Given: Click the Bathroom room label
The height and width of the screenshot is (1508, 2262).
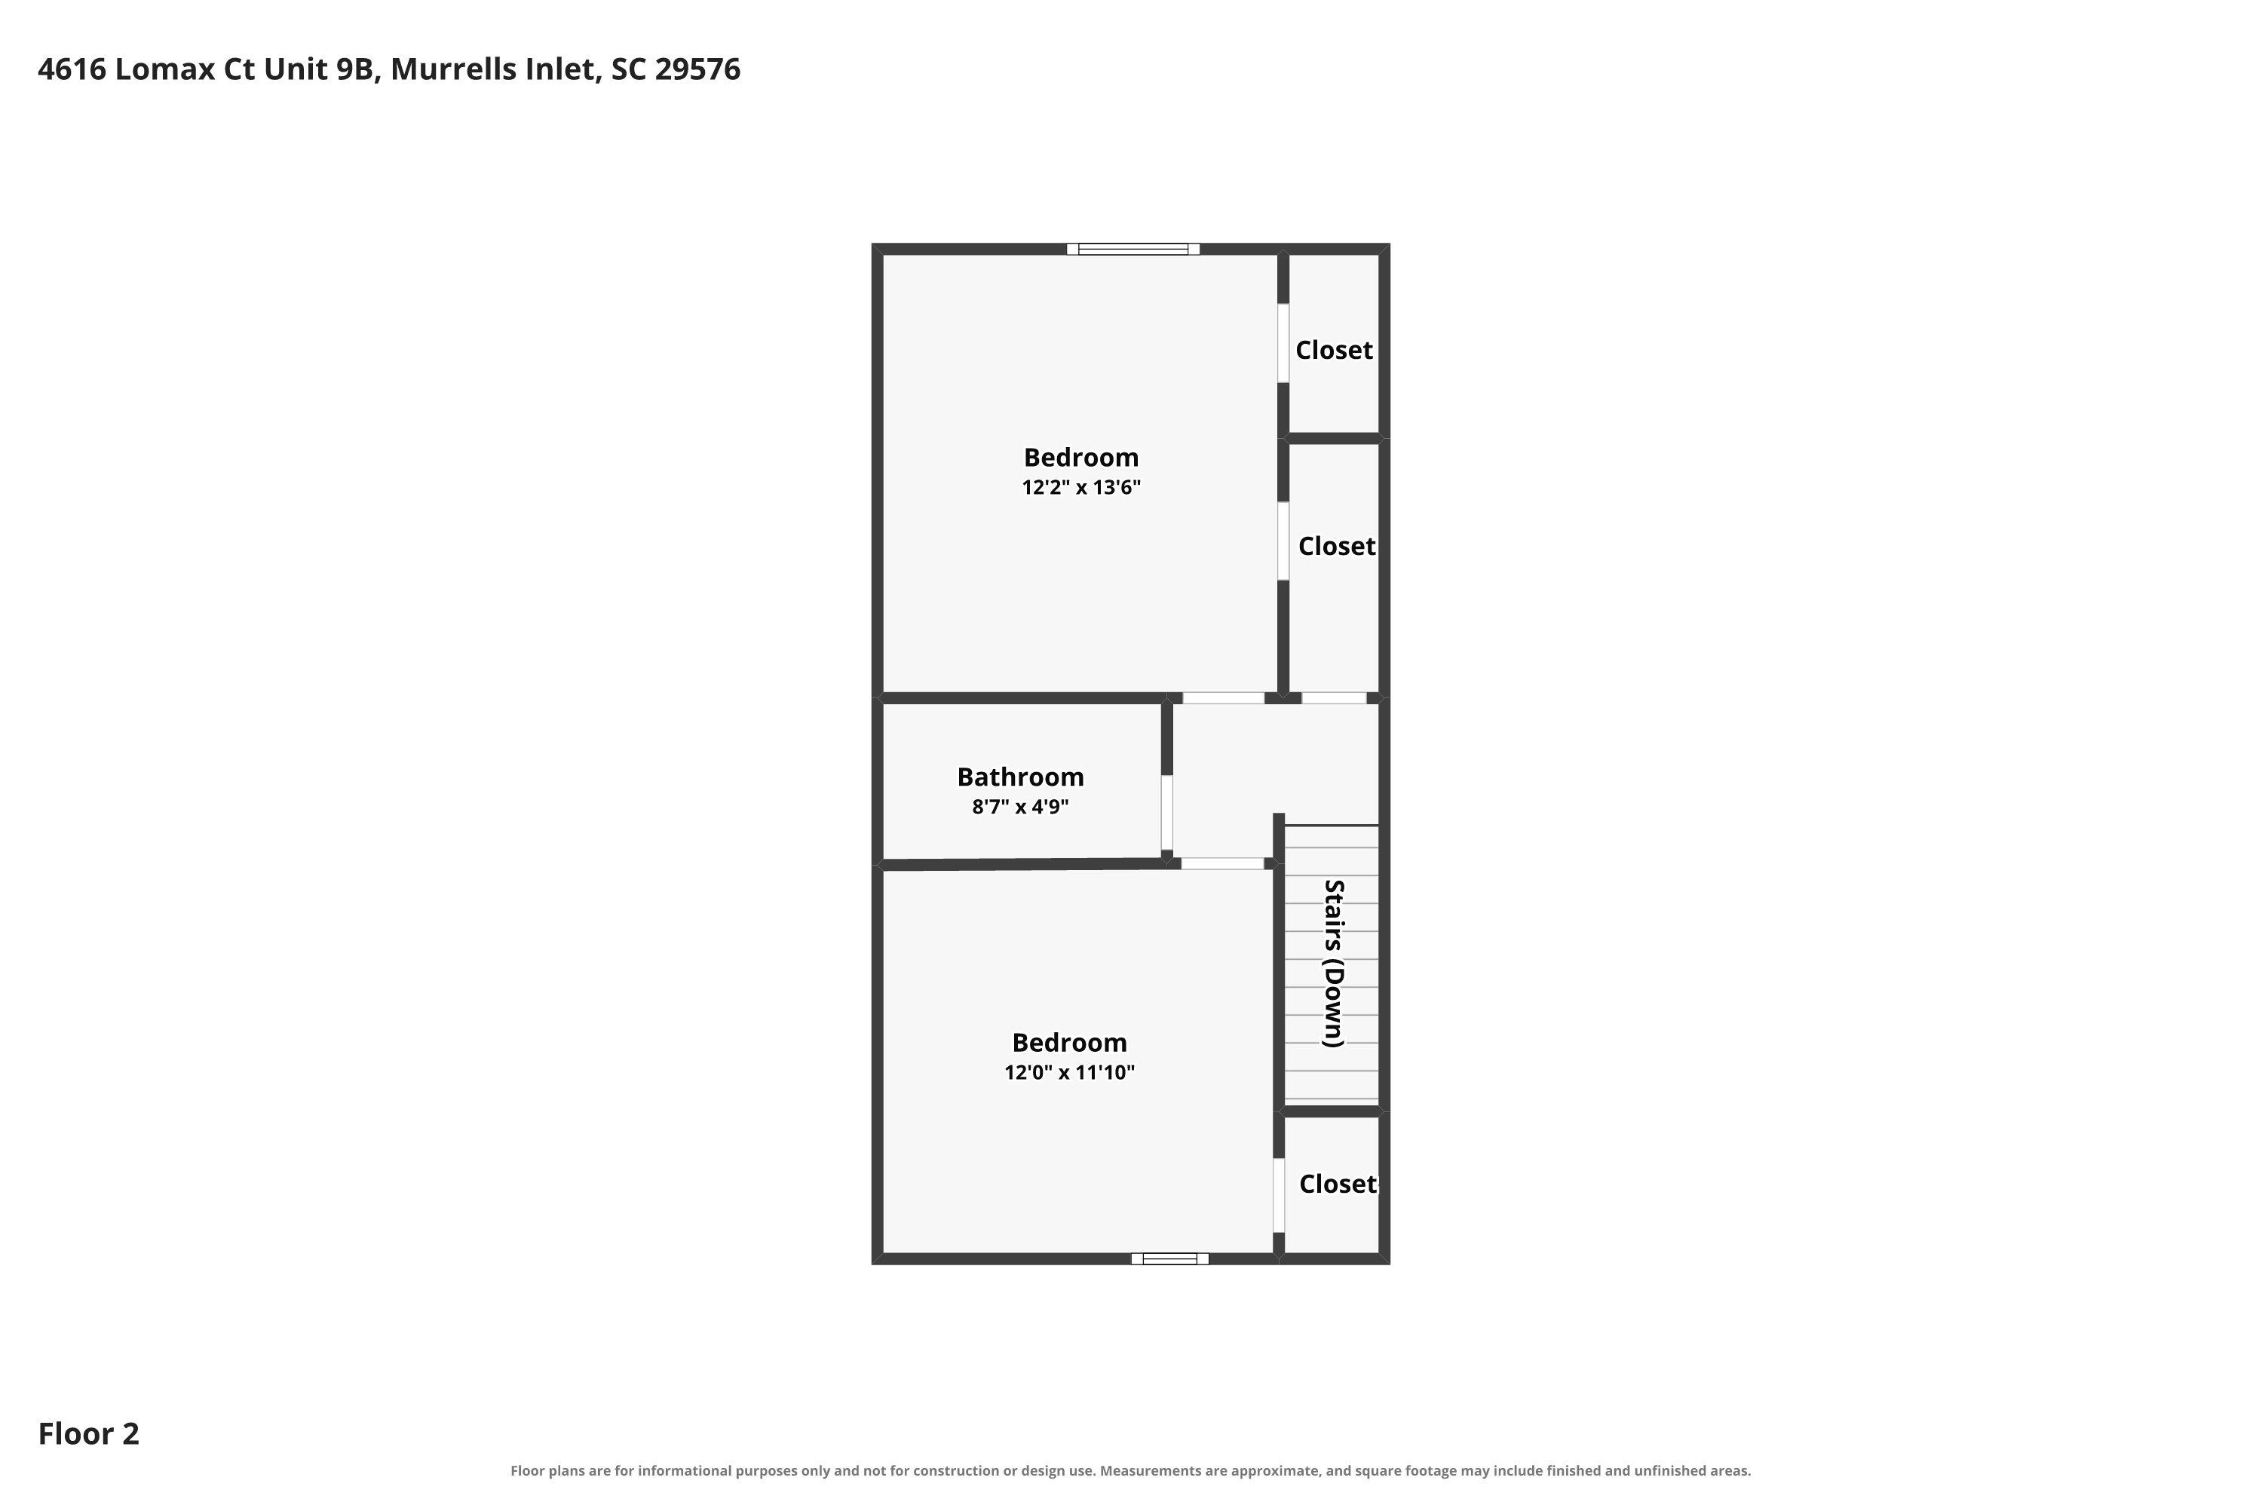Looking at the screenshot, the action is click(x=1020, y=777).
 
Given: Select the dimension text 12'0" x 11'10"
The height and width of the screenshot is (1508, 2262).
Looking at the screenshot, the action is click(x=1069, y=1072).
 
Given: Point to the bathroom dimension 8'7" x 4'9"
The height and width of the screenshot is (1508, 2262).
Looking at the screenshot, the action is click(x=1020, y=807).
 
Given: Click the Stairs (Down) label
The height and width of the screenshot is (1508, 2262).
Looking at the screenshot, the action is click(x=1333, y=964).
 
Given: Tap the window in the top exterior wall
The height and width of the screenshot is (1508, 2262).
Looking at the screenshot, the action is click(x=1133, y=249).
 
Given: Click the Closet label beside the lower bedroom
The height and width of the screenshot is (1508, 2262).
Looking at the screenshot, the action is click(x=1338, y=1184).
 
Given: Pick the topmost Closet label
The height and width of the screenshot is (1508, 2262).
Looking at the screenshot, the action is click(x=1334, y=350).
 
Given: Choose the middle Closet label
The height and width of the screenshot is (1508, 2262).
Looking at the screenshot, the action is click(x=1337, y=546).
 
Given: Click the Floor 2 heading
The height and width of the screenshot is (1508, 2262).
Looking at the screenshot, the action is click(x=88, y=1434).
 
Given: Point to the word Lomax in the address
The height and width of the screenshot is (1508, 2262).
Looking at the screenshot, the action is click(x=164, y=70).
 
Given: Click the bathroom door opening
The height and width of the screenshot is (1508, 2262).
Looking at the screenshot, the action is click(x=1166, y=813).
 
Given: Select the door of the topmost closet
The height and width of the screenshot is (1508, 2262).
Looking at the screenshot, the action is click(x=1283, y=343).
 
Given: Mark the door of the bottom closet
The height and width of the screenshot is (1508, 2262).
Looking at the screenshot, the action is click(x=1279, y=1195).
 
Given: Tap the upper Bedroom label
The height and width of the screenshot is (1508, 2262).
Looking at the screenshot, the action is click(x=1081, y=458).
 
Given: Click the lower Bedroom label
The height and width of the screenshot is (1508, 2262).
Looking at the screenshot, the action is click(x=1069, y=1043).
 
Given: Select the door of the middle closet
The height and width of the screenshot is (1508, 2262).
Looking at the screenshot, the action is click(x=1283, y=541).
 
